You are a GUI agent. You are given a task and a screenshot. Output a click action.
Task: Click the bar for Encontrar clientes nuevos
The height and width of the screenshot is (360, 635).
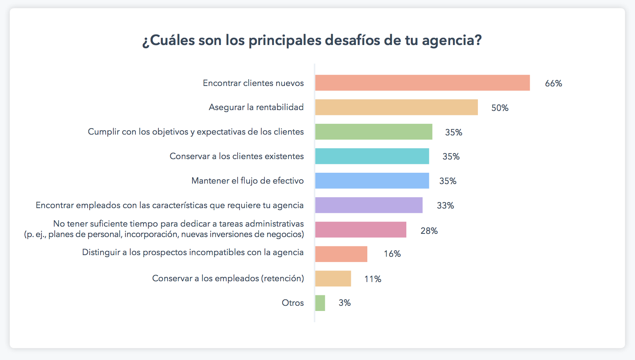coord(422,83)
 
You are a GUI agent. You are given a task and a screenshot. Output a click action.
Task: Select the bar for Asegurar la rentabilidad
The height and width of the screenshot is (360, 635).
coord(396,107)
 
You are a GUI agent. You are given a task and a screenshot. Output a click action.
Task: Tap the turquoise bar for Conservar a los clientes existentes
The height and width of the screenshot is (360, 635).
coord(372,156)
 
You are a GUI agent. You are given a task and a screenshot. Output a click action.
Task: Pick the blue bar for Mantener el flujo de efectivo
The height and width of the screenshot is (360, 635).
coord(372,181)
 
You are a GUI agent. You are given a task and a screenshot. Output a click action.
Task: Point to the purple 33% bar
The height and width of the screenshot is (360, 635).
coord(369,205)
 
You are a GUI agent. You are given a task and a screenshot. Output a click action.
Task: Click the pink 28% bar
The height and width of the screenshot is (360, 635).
coord(361,230)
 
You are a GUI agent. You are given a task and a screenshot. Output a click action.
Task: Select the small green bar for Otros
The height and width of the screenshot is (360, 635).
coord(320,303)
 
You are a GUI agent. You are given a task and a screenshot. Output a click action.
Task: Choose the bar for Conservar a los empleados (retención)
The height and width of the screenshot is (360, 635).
coord(333,278)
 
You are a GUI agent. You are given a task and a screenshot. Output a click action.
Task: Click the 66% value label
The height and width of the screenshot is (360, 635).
coord(553,84)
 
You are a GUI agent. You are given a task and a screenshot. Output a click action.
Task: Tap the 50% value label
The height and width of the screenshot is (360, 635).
coord(500,108)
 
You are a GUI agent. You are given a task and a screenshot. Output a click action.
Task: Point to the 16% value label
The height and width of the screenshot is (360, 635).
coord(392,254)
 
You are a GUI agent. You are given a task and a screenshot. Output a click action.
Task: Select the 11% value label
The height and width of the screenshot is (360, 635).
coord(373,279)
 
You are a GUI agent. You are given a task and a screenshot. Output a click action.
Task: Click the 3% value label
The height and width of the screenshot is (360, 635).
coord(344,303)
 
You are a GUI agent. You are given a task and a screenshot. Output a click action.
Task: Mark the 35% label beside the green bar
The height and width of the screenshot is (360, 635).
coord(453,133)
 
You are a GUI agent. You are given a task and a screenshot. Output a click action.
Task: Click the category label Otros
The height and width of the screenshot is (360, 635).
coord(293,303)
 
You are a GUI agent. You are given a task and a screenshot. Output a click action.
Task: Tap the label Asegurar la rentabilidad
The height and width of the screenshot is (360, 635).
coord(256,107)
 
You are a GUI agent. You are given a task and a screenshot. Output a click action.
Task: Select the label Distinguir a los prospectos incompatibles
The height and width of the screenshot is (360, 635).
coord(193,252)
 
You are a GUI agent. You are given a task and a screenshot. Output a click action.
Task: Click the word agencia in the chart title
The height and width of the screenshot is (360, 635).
coord(451,41)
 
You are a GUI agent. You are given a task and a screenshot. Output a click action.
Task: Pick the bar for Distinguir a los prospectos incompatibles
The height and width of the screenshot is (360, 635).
coord(341,254)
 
